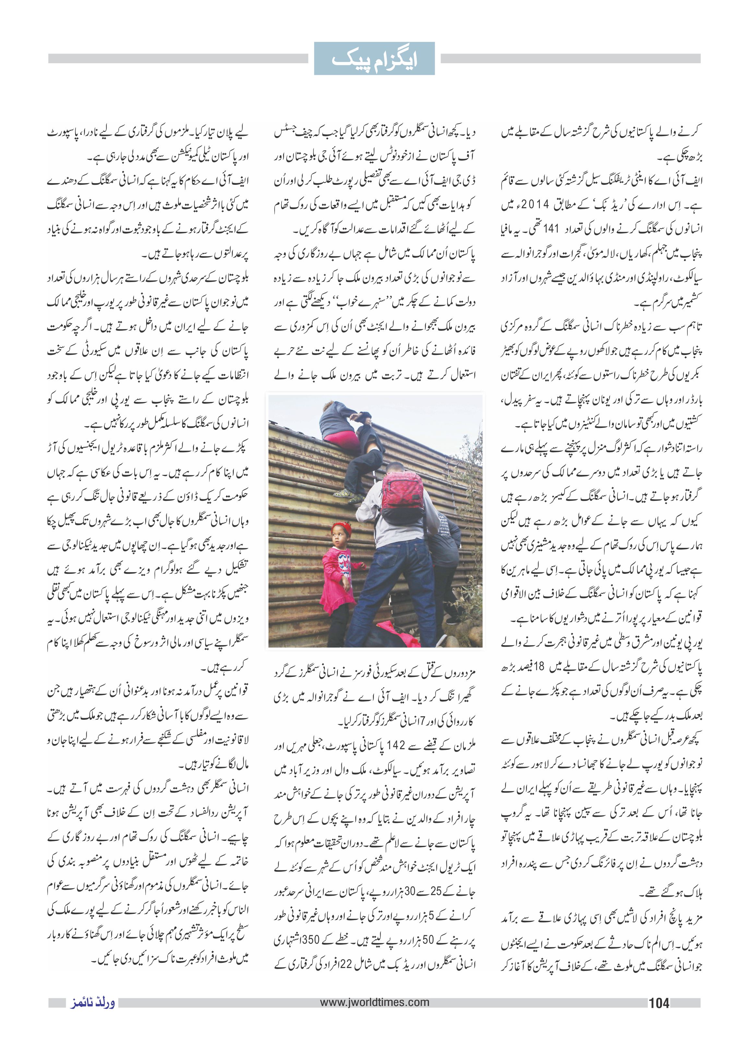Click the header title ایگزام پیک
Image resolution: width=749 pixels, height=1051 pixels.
tap(374, 59)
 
